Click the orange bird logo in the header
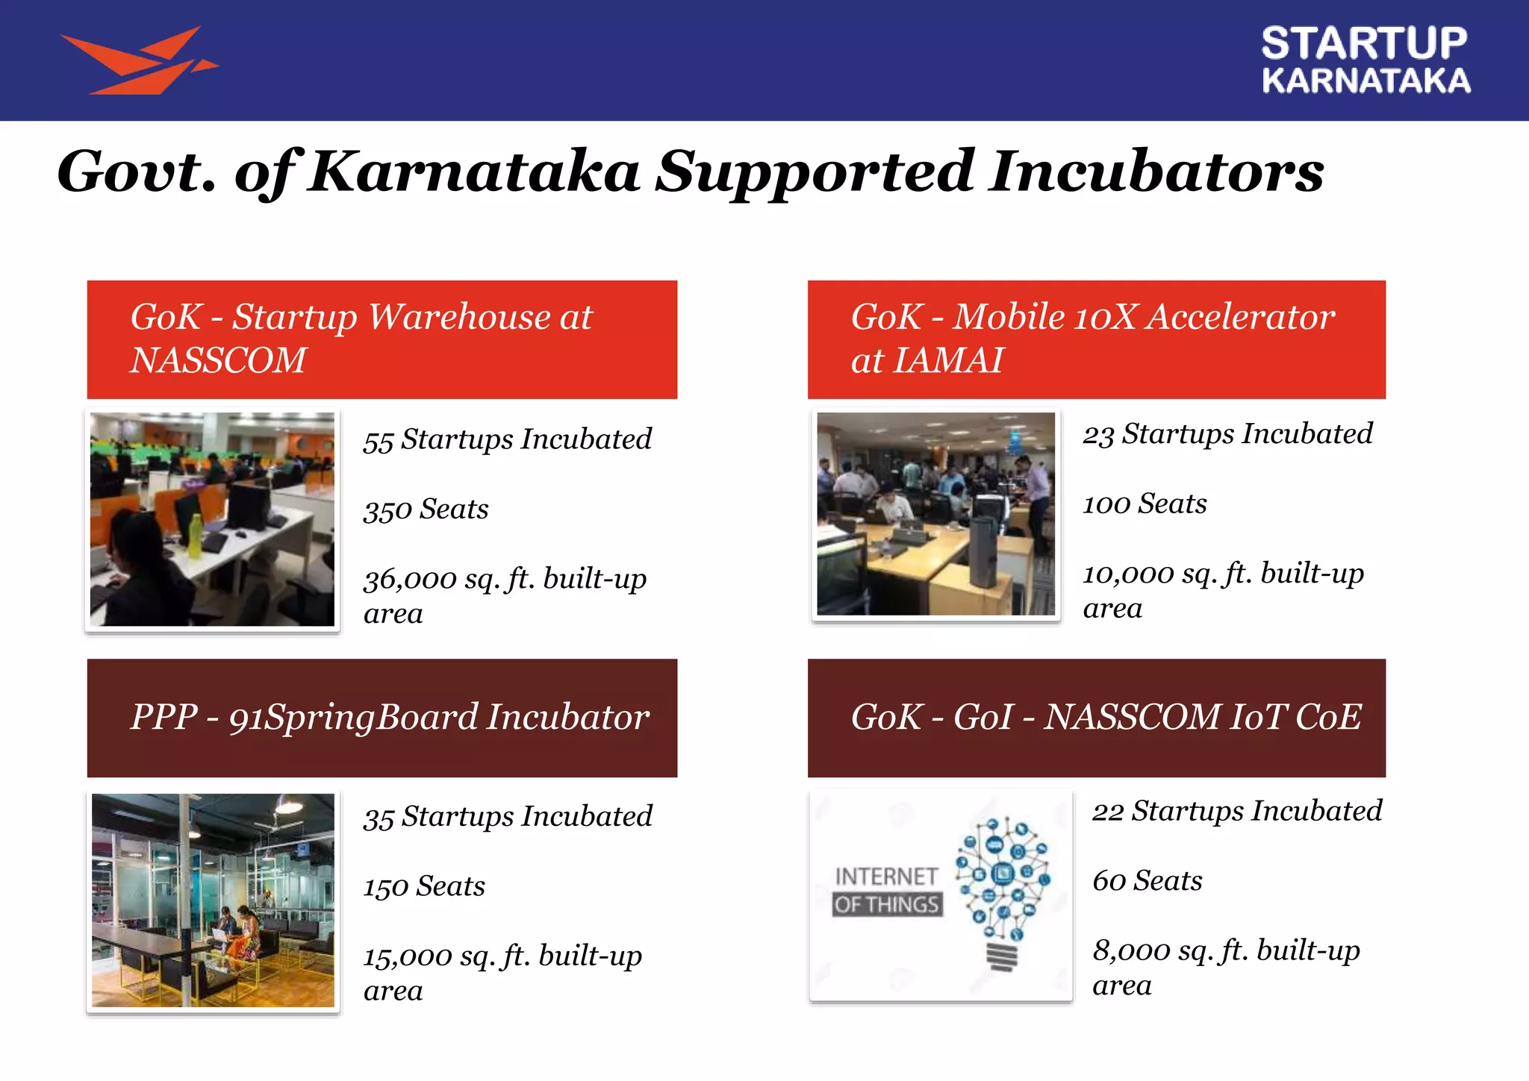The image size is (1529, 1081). tap(138, 61)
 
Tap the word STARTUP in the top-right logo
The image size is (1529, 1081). tap(1364, 43)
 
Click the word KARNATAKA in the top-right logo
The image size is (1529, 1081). tap(1365, 81)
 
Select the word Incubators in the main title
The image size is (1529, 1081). tap(1156, 172)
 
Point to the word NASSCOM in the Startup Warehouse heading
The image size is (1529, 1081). tap(218, 360)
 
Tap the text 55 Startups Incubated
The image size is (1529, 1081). tap(507, 439)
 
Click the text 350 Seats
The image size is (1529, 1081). tap(426, 510)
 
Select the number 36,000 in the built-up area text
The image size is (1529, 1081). tap(410, 580)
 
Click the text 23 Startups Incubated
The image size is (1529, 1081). tap(1227, 434)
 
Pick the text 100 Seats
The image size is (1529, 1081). tap(1145, 504)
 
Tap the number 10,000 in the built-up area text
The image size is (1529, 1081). tap(1128, 574)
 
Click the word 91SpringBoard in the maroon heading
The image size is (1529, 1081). tap(353, 718)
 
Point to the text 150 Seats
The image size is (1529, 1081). tap(424, 887)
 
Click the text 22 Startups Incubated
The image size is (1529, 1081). tap(1236, 812)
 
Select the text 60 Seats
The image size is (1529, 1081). tap(1147, 882)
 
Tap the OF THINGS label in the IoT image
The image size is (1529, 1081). tap(887, 905)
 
